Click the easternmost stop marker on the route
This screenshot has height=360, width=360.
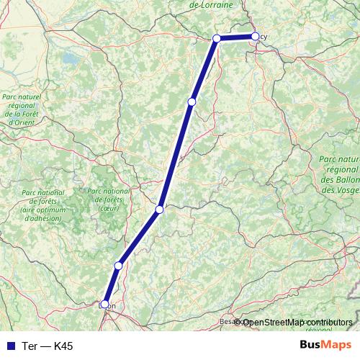tap(255, 36)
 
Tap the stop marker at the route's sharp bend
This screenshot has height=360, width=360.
tap(217, 38)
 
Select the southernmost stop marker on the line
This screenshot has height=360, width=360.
tap(105, 305)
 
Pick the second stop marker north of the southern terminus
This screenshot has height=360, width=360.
tap(160, 210)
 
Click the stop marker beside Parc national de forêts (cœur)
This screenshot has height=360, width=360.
tap(160, 210)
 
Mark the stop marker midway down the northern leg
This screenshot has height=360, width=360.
tap(192, 102)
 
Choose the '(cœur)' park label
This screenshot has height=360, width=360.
tap(109, 208)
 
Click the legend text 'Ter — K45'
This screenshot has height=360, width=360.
tap(48, 346)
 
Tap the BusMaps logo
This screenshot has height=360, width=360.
tap(325, 346)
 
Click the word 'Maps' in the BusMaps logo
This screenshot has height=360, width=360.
tap(337, 346)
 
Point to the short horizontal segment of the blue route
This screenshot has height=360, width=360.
tap(236, 37)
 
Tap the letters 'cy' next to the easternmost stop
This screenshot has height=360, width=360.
tap(264, 37)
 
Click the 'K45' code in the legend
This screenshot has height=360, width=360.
tap(62, 346)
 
